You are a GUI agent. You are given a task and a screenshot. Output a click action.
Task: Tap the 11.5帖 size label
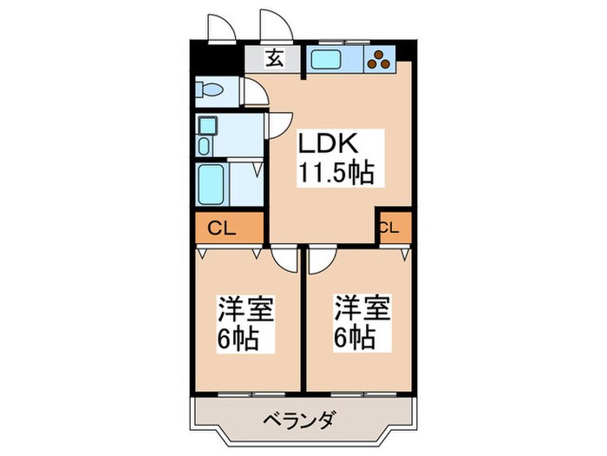[x=337, y=173]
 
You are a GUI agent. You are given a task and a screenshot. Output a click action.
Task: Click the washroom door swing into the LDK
[x=278, y=126]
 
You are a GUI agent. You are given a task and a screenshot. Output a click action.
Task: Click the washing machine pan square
[x=209, y=123]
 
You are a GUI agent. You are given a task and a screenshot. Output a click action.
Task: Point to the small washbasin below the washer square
[x=206, y=146]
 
